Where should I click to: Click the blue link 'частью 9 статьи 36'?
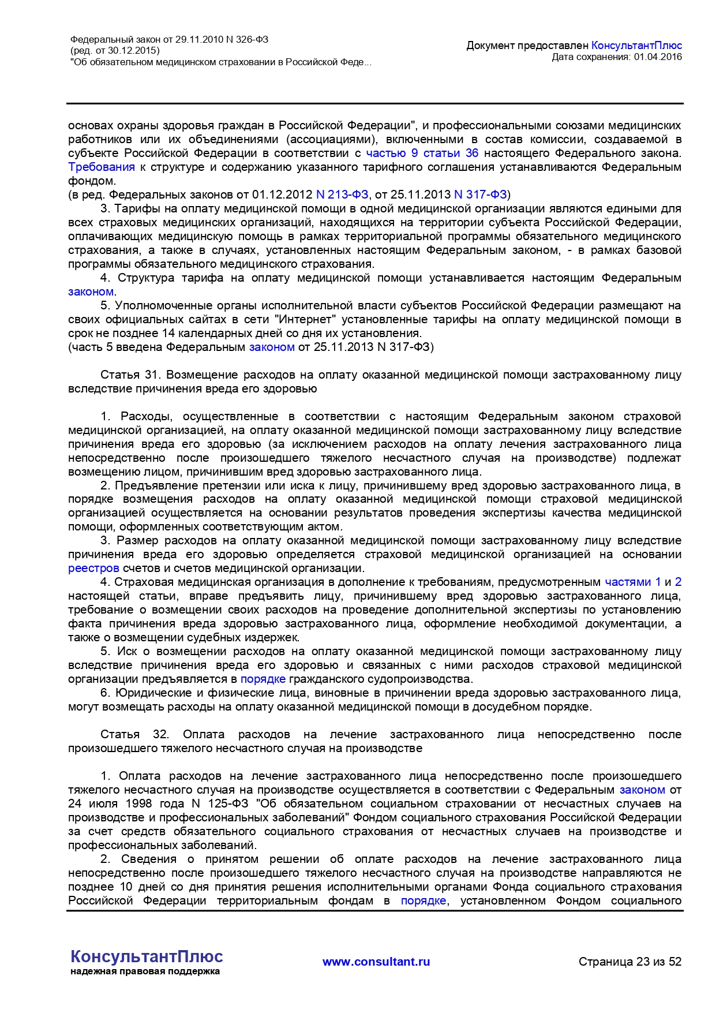(422, 153)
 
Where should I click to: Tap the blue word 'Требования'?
(102, 167)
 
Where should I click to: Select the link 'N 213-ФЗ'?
(342, 195)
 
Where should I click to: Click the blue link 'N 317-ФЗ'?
(481, 195)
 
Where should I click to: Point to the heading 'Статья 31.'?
(130, 375)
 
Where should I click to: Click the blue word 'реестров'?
(93, 568)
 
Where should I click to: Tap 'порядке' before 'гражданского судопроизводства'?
(263, 679)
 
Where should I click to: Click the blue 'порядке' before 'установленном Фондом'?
(423, 900)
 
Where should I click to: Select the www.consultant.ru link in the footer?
(376, 962)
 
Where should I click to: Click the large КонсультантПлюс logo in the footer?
(147, 956)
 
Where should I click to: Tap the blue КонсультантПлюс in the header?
(636, 45)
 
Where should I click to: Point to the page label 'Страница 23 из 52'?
(630, 962)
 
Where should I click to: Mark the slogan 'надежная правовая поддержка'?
(145, 971)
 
